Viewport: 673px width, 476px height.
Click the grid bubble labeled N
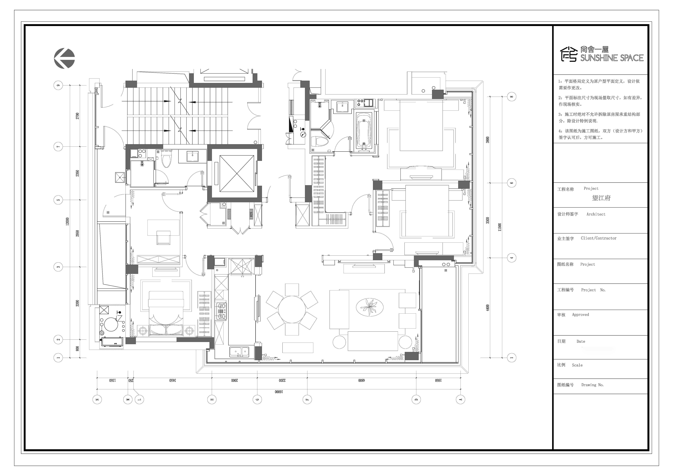click(97, 399)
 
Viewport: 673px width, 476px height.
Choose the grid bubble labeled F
click(307, 399)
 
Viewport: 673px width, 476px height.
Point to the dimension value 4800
click(361, 380)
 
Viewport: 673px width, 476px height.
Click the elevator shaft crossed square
click(237, 174)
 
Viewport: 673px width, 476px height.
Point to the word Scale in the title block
click(577, 365)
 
